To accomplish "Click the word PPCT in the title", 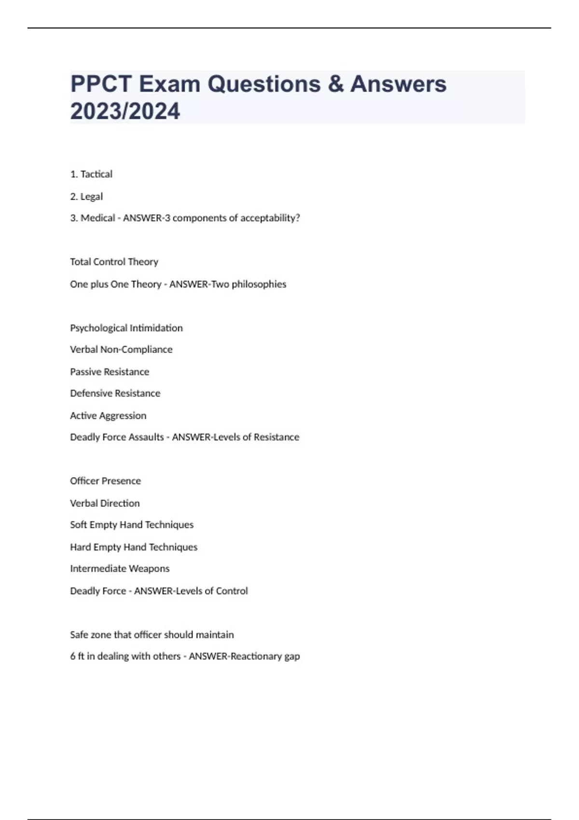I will click(x=101, y=84).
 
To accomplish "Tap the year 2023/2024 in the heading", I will click(x=125, y=111).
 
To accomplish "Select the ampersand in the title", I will click(x=335, y=84).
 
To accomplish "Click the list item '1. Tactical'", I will click(x=91, y=174).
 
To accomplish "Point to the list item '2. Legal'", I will click(x=86, y=196).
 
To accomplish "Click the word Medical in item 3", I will click(x=97, y=218).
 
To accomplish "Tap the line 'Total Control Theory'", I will click(x=114, y=262).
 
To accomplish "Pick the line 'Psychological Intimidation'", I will click(x=126, y=328).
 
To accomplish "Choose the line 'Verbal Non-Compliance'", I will click(x=121, y=349).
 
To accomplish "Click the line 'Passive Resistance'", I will click(x=110, y=372).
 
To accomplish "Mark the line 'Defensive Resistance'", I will click(x=115, y=393).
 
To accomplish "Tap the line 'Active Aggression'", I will click(x=108, y=416).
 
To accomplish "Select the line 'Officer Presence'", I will click(x=105, y=481).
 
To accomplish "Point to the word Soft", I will click(x=78, y=525).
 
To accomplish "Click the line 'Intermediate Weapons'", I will click(x=120, y=569).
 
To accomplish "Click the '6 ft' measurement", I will click(x=77, y=656).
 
